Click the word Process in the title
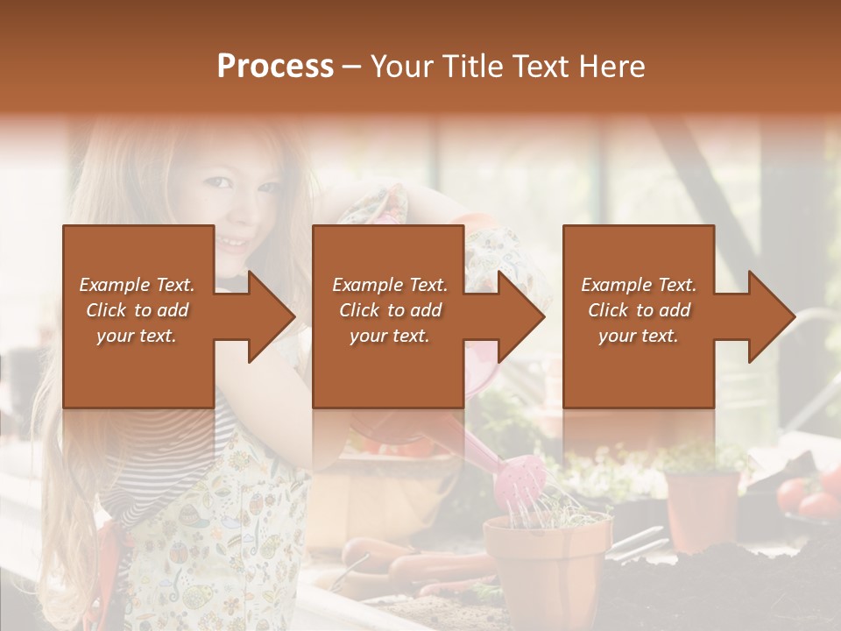[275, 66]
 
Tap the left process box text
[137, 310]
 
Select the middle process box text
[390, 310]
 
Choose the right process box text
[639, 310]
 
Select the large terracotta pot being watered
[548, 561]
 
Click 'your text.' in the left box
[137, 336]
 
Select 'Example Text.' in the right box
[639, 285]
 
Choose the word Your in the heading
[402, 66]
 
